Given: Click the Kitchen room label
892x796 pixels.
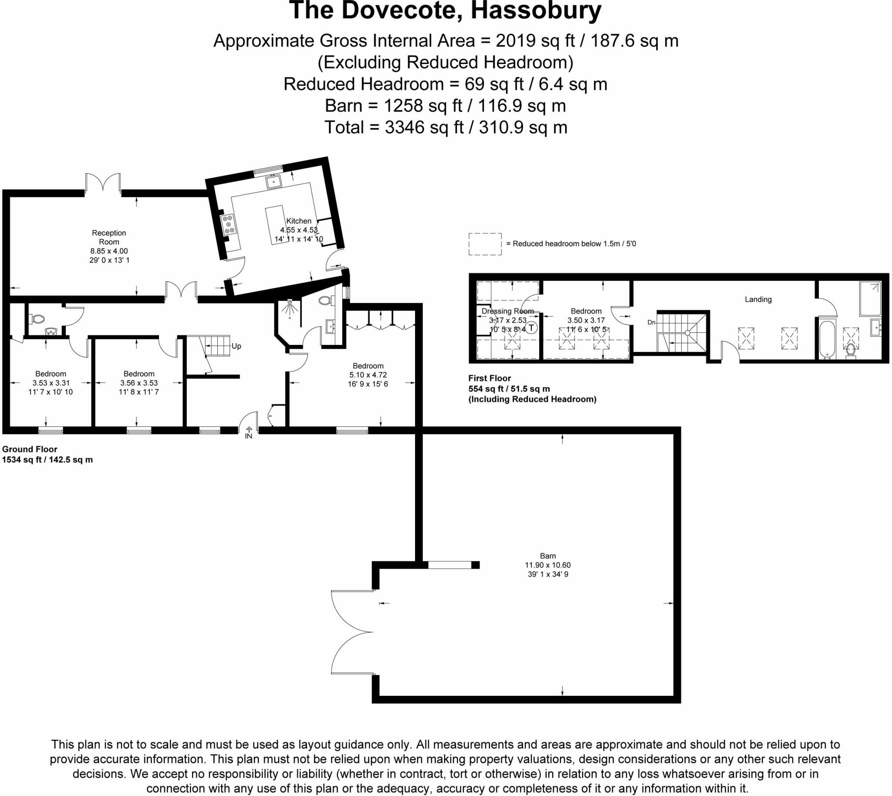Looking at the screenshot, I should tap(299, 221).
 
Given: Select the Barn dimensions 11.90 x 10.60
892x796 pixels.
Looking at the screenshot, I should tap(548, 565).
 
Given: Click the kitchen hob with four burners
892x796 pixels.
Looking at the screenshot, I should tap(228, 224).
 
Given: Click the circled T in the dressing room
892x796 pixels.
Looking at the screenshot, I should tap(531, 327).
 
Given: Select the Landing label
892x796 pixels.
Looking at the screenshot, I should tap(758, 300).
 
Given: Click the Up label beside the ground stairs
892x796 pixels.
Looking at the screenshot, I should tap(236, 346).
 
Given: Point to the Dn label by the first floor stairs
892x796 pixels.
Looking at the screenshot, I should tap(652, 322).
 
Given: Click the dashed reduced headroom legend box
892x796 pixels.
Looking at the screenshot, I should tap(485, 243).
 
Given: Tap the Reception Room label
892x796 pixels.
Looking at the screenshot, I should tap(109, 237).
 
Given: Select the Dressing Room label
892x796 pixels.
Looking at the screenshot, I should tap(507, 311).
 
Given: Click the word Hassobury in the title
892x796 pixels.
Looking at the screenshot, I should tap(536, 10).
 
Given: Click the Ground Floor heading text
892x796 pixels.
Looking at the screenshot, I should tap(30, 449).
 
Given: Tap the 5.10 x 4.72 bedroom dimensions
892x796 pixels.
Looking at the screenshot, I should tap(368, 375).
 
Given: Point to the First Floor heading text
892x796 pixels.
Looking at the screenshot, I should tap(490, 378).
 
